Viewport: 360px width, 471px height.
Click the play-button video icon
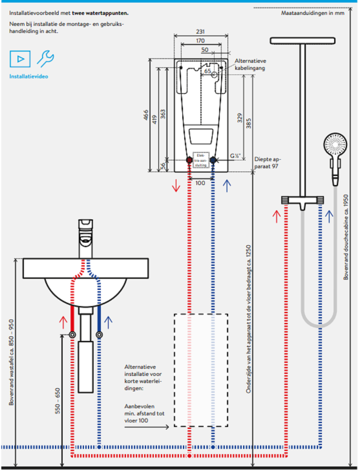tap(20, 59)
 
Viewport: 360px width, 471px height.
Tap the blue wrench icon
tap(45, 58)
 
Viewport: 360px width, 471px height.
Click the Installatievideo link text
tap(29, 77)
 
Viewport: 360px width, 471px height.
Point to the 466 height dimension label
tap(145, 115)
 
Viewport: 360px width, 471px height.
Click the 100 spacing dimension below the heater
tap(200, 183)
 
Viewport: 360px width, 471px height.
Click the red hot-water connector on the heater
tap(189, 160)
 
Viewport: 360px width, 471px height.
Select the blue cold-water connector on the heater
tap(213, 160)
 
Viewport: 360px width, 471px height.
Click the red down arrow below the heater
tap(176, 186)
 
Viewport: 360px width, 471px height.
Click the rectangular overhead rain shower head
tap(302, 40)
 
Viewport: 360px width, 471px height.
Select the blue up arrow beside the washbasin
tap(108, 322)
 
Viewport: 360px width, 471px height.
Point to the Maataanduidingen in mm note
tap(313, 13)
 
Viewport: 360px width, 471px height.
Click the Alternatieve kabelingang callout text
tap(250, 64)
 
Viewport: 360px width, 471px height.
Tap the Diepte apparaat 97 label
tap(267, 162)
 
